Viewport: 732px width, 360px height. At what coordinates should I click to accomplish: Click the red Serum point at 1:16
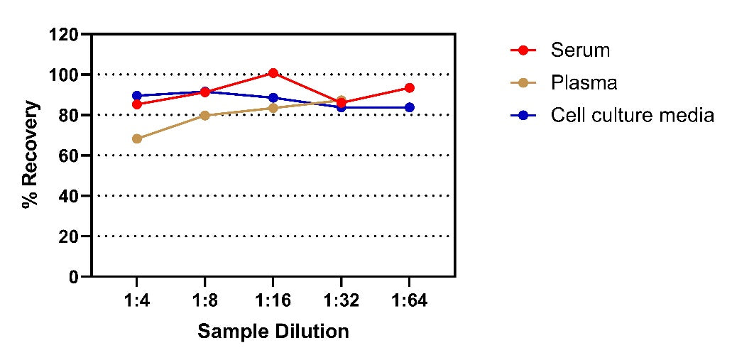(273, 73)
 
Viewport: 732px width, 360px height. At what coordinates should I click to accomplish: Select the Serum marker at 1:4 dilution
(137, 104)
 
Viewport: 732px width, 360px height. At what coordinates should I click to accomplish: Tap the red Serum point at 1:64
(410, 88)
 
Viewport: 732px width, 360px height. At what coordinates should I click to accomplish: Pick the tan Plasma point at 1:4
(137, 138)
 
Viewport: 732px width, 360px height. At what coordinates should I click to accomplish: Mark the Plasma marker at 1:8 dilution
(205, 115)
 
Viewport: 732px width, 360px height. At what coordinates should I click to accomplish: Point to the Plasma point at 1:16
(273, 109)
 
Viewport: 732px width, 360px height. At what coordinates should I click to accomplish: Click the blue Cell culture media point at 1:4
(137, 96)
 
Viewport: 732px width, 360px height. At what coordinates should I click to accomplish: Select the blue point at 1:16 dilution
(273, 97)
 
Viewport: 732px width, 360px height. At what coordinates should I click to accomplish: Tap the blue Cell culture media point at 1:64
(410, 107)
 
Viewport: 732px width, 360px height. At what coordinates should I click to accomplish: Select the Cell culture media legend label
(633, 115)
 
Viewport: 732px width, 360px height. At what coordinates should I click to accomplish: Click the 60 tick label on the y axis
(68, 156)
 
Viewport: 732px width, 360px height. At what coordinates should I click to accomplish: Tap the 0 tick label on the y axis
(73, 276)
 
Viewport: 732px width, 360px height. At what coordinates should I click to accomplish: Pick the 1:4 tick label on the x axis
(136, 301)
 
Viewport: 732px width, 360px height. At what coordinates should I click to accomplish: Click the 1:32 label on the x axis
(342, 301)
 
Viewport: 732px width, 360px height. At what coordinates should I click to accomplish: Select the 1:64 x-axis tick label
(410, 301)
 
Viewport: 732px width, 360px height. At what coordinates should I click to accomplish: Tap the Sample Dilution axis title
(273, 332)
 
